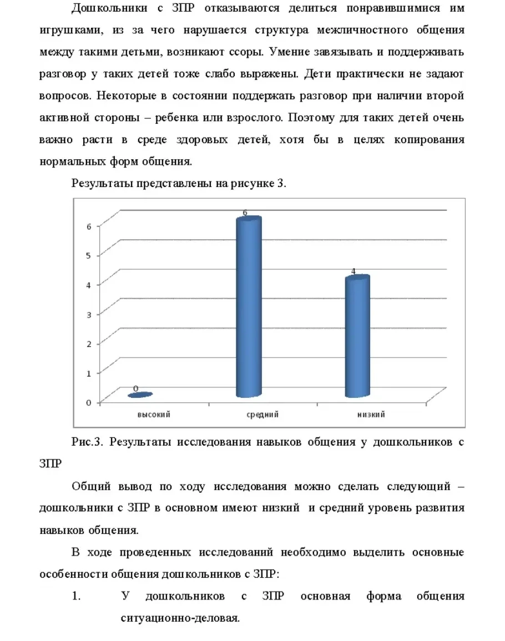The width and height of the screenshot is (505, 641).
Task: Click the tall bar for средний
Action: pyautogui.click(x=249, y=308)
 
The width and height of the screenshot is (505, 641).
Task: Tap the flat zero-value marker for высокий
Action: pyautogui.click(x=140, y=395)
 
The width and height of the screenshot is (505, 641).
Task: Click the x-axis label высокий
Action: pyautogui.click(x=154, y=415)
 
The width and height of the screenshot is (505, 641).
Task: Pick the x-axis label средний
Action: pyautogui.click(x=262, y=415)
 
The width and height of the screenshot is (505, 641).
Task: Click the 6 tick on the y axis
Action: pyautogui.click(x=89, y=225)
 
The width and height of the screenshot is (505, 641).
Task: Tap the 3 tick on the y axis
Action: pyautogui.click(x=89, y=314)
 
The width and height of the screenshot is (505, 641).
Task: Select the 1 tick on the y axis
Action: pyautogui.click(x=89, y=373)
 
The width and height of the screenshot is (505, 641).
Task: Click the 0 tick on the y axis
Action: pyautogui.click(x=89, y=402)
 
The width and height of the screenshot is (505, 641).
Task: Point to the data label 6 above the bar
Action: pyautogui.click(x=245, y=213)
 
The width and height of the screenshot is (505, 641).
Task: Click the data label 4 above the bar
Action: pyautogui.click(x=353, y=271)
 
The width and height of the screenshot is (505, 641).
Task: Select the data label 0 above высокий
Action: pyautogui.click(x=135, y=388)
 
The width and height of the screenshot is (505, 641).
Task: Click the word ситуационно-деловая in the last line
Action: pyautogui.click(x=180, y=618)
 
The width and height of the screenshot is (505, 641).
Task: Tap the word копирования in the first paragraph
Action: pyautogui.click(x=429, y=140)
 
